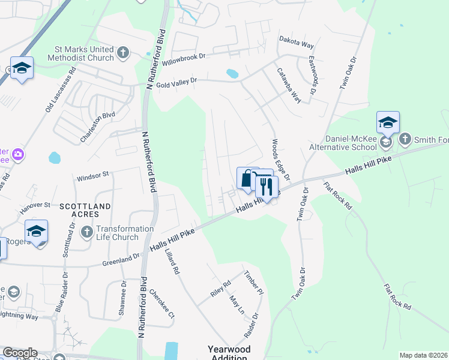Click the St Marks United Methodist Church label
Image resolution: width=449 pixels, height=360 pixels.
pos(76,53)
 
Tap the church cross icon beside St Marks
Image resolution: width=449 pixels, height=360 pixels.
pos(123,53)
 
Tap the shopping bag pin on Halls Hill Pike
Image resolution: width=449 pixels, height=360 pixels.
pos(247,178)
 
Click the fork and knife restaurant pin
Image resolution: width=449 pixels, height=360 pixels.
pos(265,186)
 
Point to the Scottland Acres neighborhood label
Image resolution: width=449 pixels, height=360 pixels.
pos(85,211)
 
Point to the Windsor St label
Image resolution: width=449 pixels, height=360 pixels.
pos(92,176)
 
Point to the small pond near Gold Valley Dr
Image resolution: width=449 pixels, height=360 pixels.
pos(232,74)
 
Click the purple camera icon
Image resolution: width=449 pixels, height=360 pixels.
pos(18,155)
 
